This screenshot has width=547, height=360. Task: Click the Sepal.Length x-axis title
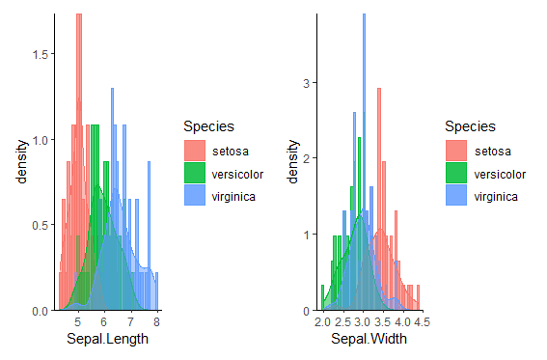pos(106,339)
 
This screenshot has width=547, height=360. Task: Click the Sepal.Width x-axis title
pos(370,339)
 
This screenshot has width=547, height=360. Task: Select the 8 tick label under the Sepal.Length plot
pos(155,322)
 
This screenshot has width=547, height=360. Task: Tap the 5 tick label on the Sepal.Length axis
pos(78,322)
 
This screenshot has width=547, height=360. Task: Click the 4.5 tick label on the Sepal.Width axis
pos(421,322)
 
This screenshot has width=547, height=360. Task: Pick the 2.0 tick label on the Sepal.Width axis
pos(322,322)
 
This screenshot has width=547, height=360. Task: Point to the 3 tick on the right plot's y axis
pos(306,83)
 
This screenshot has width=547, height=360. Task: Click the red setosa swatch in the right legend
pos(456,151)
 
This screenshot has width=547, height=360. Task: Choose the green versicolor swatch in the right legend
pos(456,174)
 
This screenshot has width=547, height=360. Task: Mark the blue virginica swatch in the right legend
pos(456,197)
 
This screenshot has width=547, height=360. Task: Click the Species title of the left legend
pos(207,126)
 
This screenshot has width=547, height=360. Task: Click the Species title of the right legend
pos(471,126)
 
